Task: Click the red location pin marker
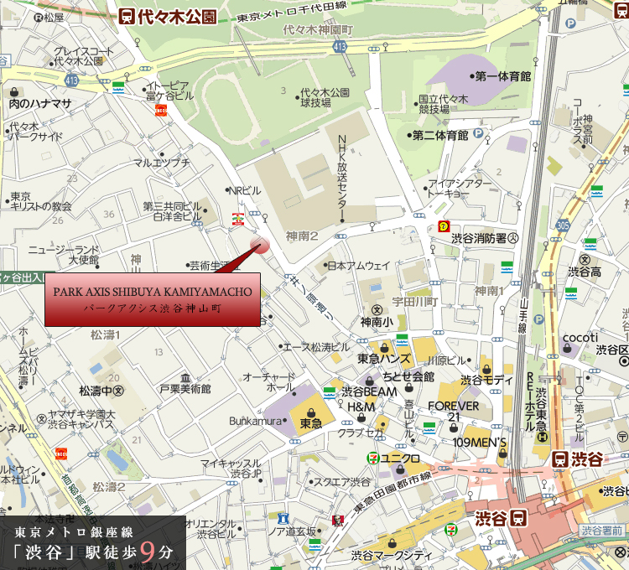pyautogui.click(x=260, y=244)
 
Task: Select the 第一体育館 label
pyautogui.click(x=502, y=76)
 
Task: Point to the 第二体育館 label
pyautogui.click(x=439, y=135)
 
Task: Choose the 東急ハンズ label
pyautogui.click(x=383, y=359)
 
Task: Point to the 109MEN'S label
pyautogui.click(x=480, y=442)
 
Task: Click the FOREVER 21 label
pyautogui.click(x=453, y=412)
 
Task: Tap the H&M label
pyautogui.click(x=360, y=407)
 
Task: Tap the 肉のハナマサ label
pyautogui.click(x=40, y=103)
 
